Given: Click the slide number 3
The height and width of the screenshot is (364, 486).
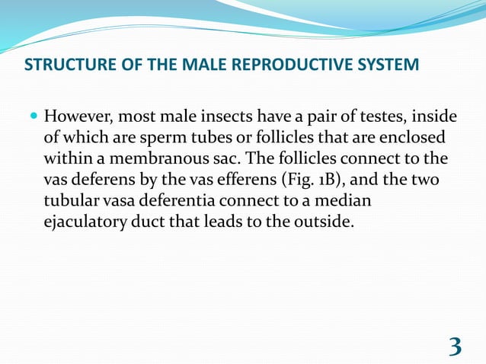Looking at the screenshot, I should pyautogui.click(x=455, y=346).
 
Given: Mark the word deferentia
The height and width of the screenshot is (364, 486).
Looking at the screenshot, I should pyautogui.click(x=193, y=203).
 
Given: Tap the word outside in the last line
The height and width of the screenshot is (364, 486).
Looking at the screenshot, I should pyautogui.click(x=323, y=225).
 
